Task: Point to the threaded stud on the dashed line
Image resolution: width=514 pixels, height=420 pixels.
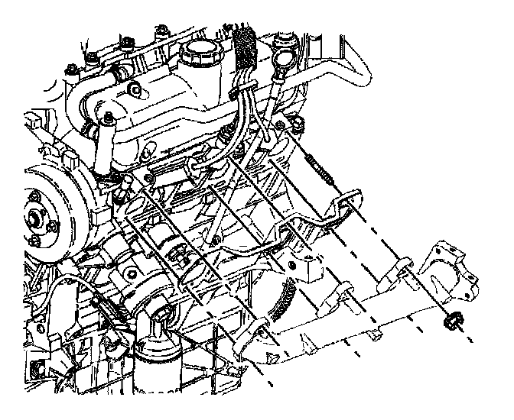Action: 321,169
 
